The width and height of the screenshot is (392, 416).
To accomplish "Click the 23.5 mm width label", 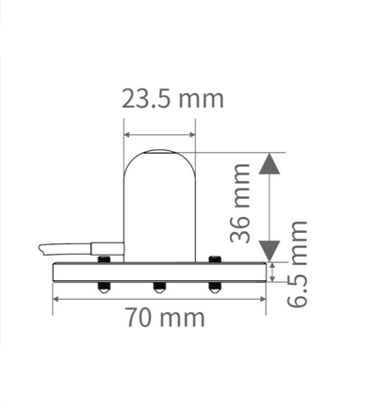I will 172,98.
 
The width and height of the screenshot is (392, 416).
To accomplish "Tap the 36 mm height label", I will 241,203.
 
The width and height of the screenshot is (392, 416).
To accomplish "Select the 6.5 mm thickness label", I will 298,263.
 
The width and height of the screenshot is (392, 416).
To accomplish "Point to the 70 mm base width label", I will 165,317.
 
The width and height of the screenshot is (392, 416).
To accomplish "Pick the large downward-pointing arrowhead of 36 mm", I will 270,250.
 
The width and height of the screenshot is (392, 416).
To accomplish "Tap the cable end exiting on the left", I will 45,248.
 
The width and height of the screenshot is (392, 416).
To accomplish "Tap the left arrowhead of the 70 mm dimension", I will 57,299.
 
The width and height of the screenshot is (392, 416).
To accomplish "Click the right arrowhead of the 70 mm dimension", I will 262,299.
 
